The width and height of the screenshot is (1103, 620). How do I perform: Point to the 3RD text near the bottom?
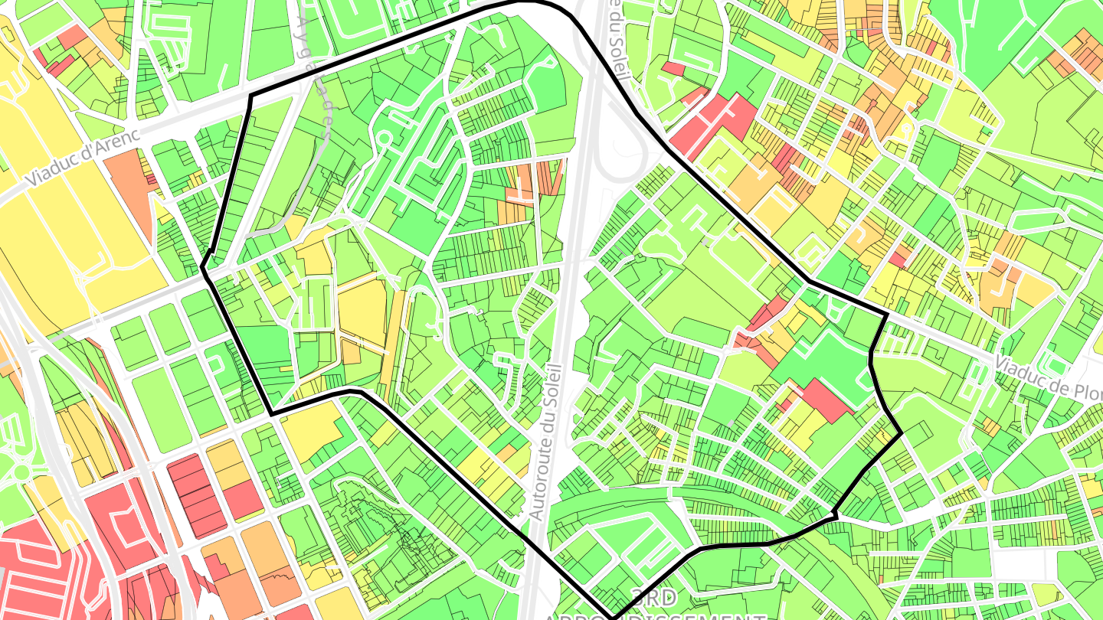654,596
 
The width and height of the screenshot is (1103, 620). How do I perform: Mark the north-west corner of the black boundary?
252,96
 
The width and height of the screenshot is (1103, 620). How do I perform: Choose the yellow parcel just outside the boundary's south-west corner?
310,432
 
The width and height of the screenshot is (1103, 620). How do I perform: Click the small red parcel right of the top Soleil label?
673,68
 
